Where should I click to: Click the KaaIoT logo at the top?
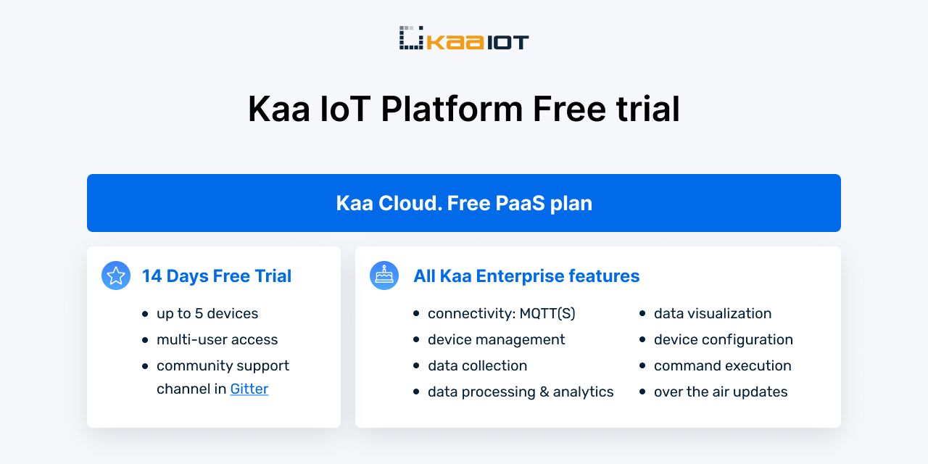pyautogui.click(x=464, y=38)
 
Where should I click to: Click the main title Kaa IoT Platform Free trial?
pyautogui.click(x=464, y=109)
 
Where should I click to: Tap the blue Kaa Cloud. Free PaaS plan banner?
pyautogui.click(x=464, y=203)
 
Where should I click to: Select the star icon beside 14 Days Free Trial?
pyautogui.click(x=116, y=275)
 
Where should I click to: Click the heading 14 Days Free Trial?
pyautogui.click(x=217, y=276)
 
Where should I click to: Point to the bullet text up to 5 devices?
pyautogui.click(x=207, y=314)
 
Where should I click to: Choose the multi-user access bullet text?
pyautogui.click(x=217, y=340)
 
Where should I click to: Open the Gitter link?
pyautogui.click(x=249, y=389)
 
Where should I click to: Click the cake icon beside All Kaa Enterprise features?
pyautogui.click(x=384, y=275)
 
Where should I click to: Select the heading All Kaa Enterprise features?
pyautogui.click(x=526, y=276)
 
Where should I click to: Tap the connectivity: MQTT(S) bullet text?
pyautogui.click(x=501, y=314)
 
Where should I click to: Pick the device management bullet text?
pyautogui.click(x=496, y=340)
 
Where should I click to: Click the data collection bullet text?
pyautogui.click(x=477, y=366)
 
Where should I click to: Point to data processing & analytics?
pyautogui.click(x=521, y=392)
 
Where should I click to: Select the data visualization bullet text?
pyautogui.click(x=713, y=314)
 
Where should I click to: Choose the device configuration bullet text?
pyautogui.click(x=723, y=340)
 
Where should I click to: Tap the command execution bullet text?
pyautogui.click(x=722, y=366)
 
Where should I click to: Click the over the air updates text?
pyautogui.click(x=721, y=392)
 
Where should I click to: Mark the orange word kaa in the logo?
pyautogui.click(x=455, y=42)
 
